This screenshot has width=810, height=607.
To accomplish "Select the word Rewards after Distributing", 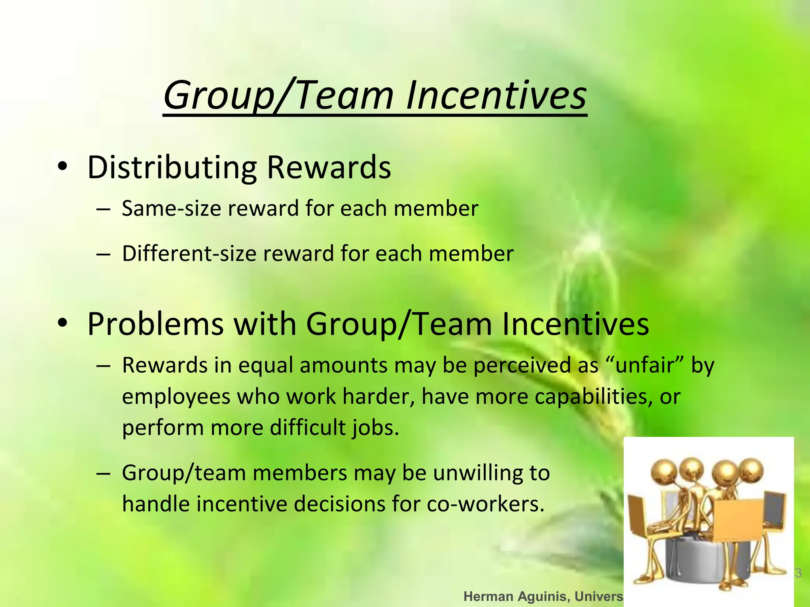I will (x=329, y=168).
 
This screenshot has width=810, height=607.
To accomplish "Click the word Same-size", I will (x=171, y=208).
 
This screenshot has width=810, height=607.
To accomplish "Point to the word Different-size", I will (x=189, y=253).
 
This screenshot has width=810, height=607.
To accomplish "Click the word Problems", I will (x=155, y=324).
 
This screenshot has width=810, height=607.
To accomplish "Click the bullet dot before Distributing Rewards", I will (x=62, y=167).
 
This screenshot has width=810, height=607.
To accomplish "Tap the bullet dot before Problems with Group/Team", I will (x=62, y=323).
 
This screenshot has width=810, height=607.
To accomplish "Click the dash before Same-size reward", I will (x=103, y=209).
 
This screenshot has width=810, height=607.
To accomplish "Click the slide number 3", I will (x=798, y=573).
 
